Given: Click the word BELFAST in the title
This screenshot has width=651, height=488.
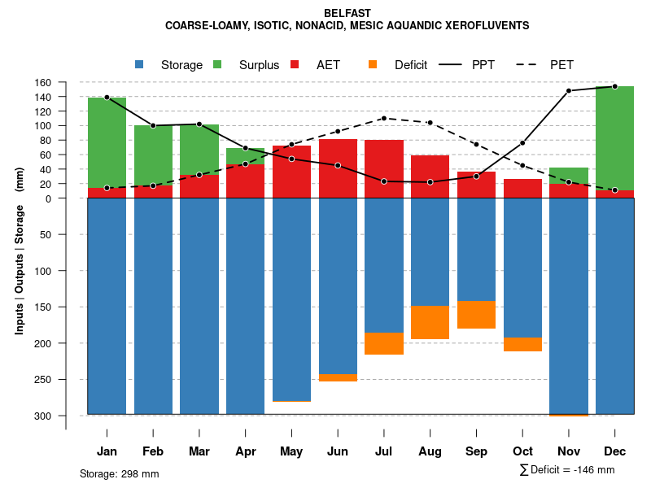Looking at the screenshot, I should pos(347,13).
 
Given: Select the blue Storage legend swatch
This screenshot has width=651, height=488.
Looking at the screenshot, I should pos(139,65).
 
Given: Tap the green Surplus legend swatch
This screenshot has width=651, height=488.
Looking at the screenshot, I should pos(217,65).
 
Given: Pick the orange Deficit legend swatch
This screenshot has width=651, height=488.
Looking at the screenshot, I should pos(373,65).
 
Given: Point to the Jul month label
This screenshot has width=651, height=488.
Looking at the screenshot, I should pos(384,451).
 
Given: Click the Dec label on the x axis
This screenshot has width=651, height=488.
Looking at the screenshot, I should pos(615,451).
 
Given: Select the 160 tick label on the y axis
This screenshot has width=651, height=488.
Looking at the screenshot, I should pos(66,83).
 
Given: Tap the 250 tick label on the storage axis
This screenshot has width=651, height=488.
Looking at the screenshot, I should pos(66,380).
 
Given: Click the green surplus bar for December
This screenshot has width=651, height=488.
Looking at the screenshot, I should pos(615,138).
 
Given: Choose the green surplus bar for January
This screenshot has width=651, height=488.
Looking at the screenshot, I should pos(107,142).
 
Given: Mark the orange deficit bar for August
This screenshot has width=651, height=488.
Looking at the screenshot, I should pos(430,322).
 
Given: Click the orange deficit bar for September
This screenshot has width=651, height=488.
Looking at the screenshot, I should pos(477,315).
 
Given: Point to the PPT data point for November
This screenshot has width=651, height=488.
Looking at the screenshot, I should pos(569,90).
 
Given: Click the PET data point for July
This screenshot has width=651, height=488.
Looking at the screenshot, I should pos(384,118).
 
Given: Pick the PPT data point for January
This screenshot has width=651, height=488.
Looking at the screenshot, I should pos(107,98).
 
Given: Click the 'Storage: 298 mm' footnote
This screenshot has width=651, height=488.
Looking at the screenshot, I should pos(120,473).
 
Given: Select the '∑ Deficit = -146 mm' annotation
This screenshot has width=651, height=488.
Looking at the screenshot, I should pos(566,469).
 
